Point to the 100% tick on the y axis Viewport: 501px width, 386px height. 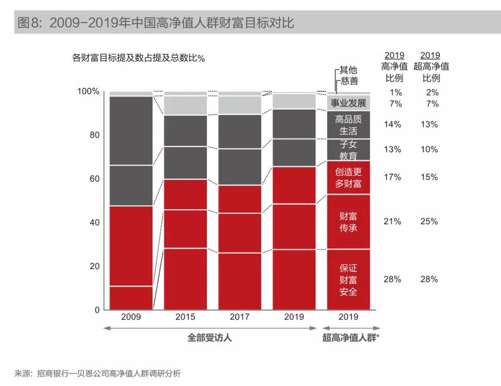coord(88,91)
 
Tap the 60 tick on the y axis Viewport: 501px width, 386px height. coord(94,179)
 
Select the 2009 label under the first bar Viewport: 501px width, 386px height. coord(131,317)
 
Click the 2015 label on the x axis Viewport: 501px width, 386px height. coord(185,317)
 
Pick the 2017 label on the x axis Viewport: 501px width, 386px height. coord(239,317)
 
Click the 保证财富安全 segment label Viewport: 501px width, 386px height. coord(348,280)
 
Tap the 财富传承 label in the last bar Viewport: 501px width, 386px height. coord(348,222)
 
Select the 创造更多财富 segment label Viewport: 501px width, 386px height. coord(348,178)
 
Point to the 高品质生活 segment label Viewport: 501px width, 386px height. coord(348,125)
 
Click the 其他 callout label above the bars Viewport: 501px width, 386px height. coord(348,70)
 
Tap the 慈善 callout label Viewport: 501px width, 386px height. coord(349,81)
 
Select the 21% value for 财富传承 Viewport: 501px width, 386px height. coord(392,221)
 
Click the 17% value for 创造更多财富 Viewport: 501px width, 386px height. coord(392,177)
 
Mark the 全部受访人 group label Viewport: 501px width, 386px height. coord(210,338)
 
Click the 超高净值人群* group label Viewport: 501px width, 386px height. coord(351,338)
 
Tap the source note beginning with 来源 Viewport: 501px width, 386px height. coord(98,373)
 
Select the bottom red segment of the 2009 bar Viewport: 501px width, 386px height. coord(131,298)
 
